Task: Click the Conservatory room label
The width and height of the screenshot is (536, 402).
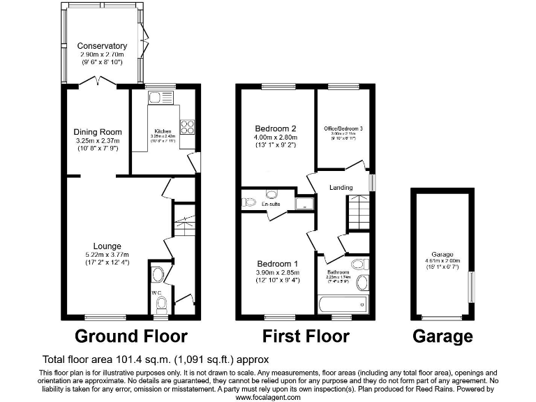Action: (x=102, y=46)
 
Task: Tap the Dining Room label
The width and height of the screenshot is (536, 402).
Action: (x=98, y=132)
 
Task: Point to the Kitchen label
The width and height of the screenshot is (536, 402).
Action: (x=163, y=131)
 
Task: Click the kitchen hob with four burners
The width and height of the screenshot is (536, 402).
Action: (x=188, y=126)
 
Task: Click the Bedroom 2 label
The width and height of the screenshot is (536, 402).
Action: (x=276, y=128)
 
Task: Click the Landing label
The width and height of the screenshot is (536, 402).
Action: (x=341, y=187)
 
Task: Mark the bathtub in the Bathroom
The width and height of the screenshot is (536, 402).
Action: (x=342, y=304)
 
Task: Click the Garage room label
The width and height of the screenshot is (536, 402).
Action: (x=442, y=254)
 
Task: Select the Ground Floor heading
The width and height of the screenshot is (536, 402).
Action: (x=131, y=336)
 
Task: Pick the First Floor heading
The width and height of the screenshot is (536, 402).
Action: (x=306, y=336)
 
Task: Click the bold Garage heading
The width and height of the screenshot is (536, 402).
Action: (x=442, y=336)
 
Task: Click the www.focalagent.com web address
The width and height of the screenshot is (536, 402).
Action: (x=268, y=397)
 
